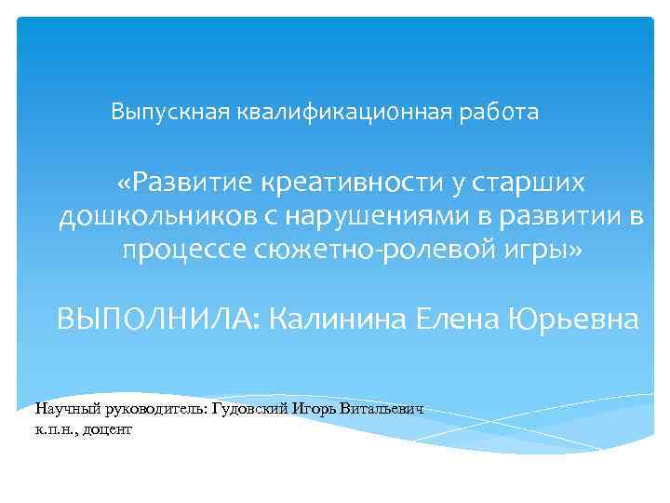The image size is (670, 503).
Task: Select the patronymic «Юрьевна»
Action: (x=573, y=319)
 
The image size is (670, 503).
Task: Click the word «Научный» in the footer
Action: (x=62, y=409)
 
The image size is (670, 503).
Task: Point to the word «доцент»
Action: (x=111, y=429)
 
